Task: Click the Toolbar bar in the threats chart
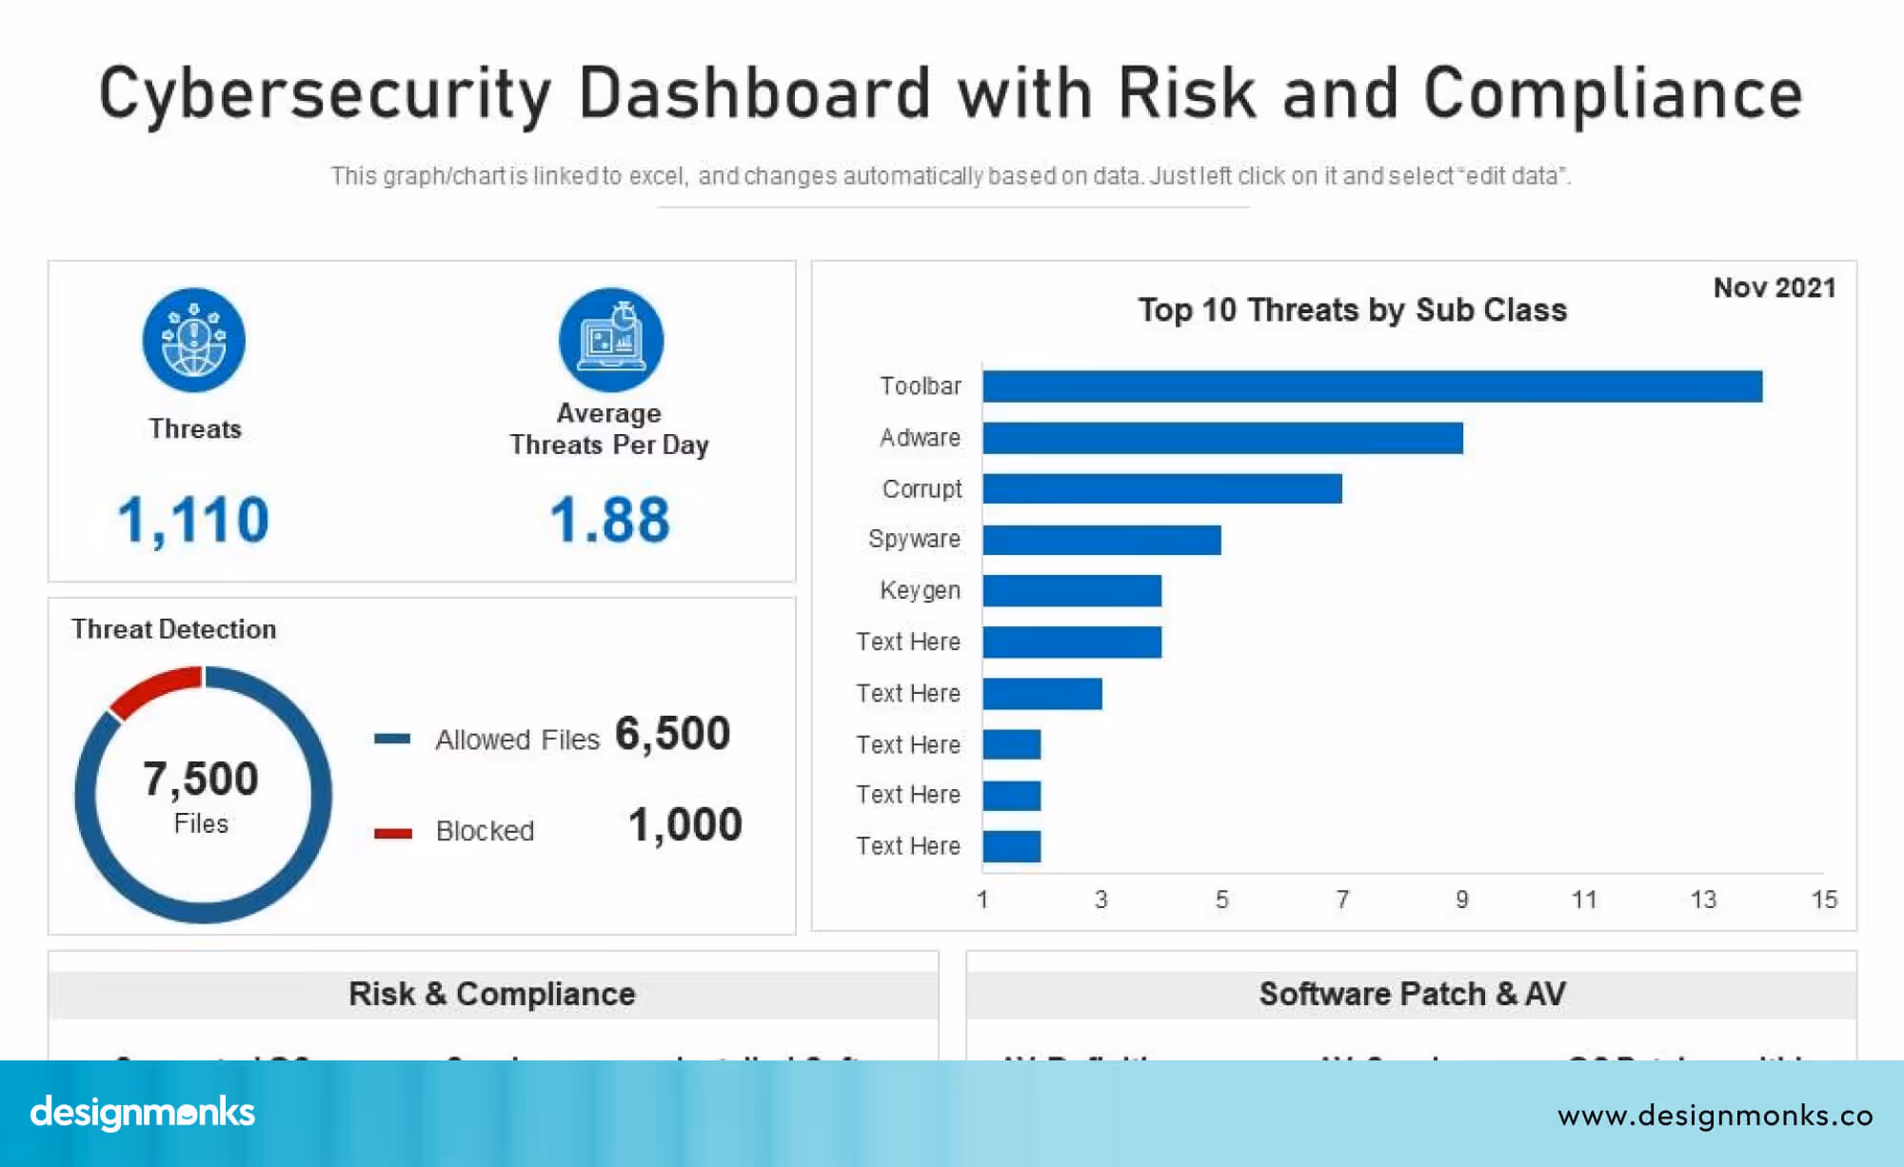(x=1371, y=386)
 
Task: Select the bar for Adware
(x=1222, y=438)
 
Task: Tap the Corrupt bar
(x=1161, y=488)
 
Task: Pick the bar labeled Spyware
(x=1101, y=540)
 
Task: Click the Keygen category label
(x=920, y=590)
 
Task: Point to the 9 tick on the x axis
(x=1462, y=900)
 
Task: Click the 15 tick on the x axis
(x=1823, y=900)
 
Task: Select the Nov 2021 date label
(x=1775, y=287)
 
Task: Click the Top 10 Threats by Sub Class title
(x=1352, y=310)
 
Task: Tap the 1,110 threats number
(x=193, y=521)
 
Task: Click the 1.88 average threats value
(x=609, y=521)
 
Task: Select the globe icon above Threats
(x=194, y=340)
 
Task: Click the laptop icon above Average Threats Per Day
(x=610, y=340)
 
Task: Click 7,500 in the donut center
(x=201, y=779)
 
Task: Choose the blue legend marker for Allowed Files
(x=392, y=739)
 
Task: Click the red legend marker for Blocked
(x=392, y=833)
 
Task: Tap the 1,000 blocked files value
(x=684, y=825)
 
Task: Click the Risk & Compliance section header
(x=492, y=994)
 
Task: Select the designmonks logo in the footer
(x=143, y=1112)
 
